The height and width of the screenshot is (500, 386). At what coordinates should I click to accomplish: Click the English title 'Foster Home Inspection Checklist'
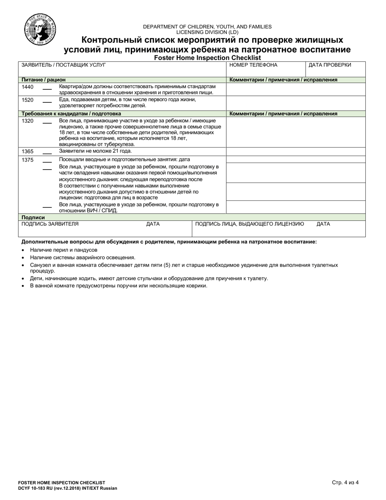click(207, 58)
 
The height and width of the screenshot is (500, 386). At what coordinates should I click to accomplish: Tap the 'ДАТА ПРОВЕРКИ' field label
click(330, 65)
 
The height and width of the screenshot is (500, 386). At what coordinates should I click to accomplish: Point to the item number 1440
click(28, 87)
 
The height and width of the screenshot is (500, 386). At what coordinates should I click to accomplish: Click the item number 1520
click(28, 100)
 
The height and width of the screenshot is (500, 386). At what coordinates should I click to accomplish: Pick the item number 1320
click(28, 121)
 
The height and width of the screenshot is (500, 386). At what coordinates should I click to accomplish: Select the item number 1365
click(28, 151)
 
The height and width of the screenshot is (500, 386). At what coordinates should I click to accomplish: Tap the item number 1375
click(28, 160)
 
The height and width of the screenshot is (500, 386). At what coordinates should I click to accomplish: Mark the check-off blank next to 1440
click(47, 89)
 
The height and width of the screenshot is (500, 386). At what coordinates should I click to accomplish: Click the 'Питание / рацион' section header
click(43, 80)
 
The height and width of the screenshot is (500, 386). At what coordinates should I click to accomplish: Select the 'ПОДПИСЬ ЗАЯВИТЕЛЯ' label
click(50, 224)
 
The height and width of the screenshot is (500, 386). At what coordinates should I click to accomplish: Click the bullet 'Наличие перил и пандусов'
click(63, 250)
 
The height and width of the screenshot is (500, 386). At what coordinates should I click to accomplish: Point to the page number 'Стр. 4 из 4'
click(345, 483)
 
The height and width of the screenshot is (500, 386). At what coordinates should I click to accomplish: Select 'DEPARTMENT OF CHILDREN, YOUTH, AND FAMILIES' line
click(207, 26)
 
